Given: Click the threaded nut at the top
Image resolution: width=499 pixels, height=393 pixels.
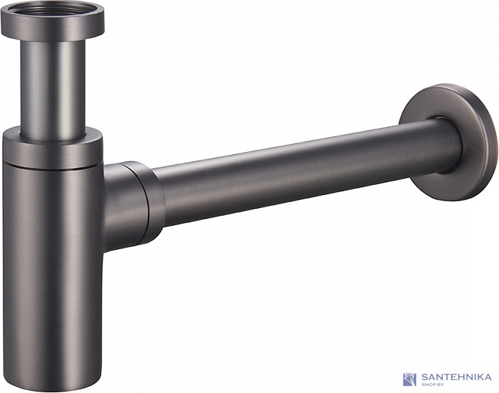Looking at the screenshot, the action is tap(53, 23).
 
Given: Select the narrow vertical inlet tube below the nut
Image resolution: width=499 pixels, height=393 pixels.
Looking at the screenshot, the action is tap(53, 89).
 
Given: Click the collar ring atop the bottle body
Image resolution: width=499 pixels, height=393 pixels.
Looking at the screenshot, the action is tap(53, 149).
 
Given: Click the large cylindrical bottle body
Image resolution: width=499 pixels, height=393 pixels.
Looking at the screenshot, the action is tap(53, 273).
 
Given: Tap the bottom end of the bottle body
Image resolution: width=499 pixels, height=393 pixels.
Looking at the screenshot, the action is tap(53, 386).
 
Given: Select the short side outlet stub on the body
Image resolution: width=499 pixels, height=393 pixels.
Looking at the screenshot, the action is tap(123, 207).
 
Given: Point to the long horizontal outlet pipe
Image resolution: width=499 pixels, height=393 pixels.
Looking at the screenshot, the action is tap(306, 172).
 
